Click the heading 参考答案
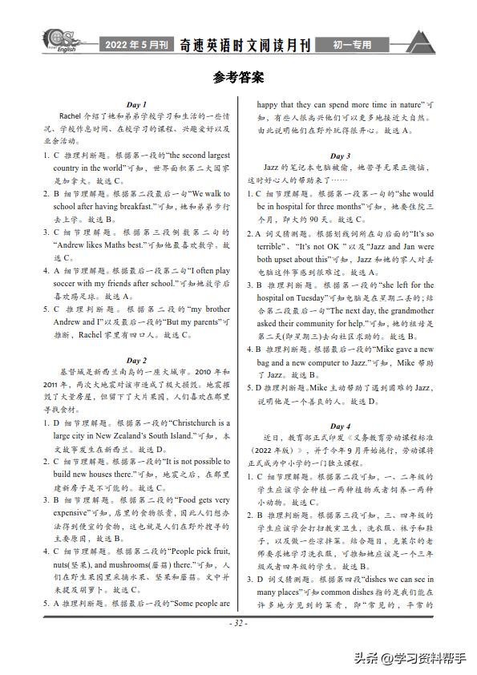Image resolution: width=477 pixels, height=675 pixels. point(238,78)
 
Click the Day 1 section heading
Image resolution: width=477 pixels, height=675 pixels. point(136,104)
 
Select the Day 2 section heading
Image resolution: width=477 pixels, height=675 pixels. point(136,361)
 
